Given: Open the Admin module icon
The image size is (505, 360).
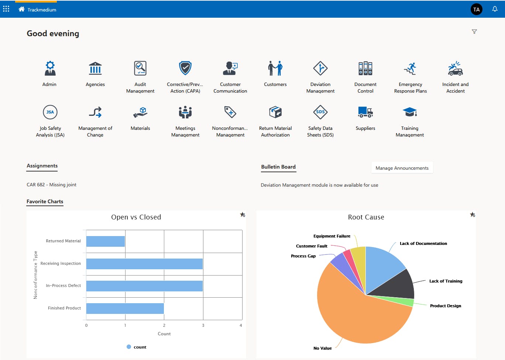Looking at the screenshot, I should point(50,68).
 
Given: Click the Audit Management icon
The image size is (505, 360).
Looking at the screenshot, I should point(140,68).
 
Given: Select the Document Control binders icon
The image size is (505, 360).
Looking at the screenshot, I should point(365,68).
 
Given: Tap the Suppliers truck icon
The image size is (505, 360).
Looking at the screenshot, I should point(365,112).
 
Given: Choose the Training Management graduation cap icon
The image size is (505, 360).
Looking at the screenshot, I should point(410,112).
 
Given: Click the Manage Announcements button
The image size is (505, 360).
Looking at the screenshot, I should point(402,168).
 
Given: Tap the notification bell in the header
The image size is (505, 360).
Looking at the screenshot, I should point(495,9).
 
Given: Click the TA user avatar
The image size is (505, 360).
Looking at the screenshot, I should point(477,9).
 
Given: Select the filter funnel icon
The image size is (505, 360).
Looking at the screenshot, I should point(474,32).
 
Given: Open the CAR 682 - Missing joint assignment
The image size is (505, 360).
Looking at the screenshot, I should point(52,185).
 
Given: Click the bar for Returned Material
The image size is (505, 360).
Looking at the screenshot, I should point(106,241).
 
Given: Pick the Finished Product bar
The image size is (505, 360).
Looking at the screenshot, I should point(125,308).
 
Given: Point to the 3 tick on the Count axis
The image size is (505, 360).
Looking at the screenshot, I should point(203,325).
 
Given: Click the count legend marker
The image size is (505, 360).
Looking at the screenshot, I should point(129,347).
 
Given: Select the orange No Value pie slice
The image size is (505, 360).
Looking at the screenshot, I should point(354,317).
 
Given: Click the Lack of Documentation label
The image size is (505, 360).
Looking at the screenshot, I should point(423,243).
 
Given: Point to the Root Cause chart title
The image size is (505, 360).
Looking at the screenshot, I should point(366,217).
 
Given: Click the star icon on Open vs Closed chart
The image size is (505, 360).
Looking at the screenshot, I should point(243,215).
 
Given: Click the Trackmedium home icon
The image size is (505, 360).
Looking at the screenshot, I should point(21,9).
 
